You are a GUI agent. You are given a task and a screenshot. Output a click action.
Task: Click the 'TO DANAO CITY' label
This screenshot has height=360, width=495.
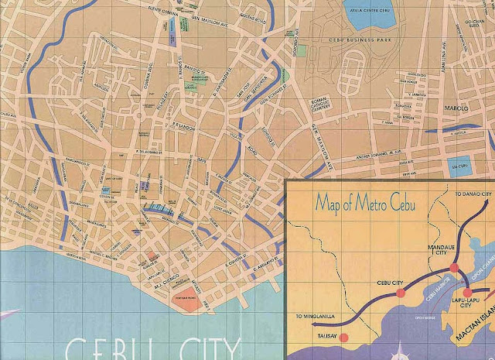(473, 192)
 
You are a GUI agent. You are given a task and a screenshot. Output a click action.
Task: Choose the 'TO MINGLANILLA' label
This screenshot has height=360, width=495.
(316, 317)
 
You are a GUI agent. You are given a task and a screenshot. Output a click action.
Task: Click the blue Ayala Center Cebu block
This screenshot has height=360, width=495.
(364, 10)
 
